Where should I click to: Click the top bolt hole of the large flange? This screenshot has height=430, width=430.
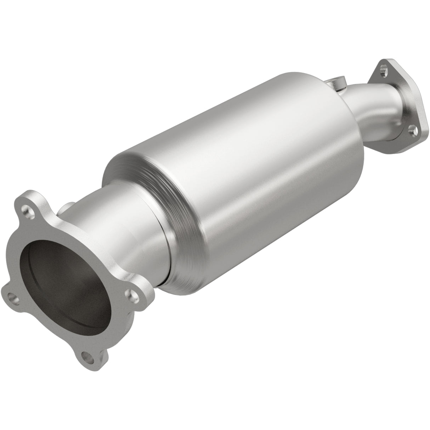click(28, 212)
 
